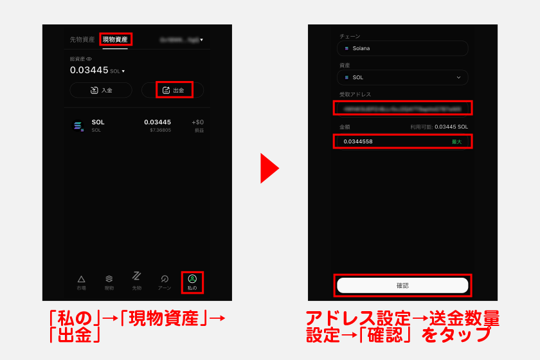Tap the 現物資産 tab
click(116, 39)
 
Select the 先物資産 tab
click(82, 39)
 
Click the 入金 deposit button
click(101, 90)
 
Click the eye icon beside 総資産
click(89, 59)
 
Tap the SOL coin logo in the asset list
click(78, 126)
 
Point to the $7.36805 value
click(160, 130)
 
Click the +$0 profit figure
click(197, 122)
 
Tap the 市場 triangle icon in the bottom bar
click(81, 278)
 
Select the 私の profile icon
click(192, 278)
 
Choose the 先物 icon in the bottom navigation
click(136, 276)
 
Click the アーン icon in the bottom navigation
click(165, 278)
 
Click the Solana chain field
click(402, 48)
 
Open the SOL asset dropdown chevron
click(458, 77)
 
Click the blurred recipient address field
click(402, 108)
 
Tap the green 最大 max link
click(456, 141)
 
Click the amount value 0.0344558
click(358, 141)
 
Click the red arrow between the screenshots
click(269, 168)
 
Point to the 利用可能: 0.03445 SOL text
click(439, 127)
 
